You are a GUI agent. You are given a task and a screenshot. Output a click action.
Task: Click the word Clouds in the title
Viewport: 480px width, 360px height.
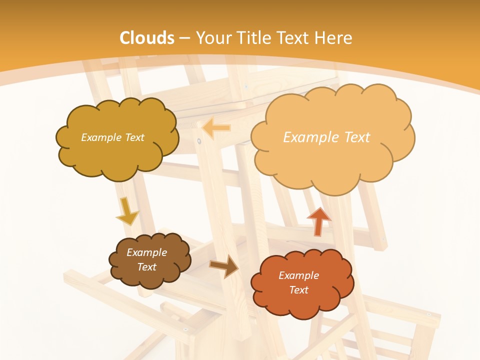(147, 38)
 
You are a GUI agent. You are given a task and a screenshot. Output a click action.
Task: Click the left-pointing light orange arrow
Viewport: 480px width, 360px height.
(216, 128)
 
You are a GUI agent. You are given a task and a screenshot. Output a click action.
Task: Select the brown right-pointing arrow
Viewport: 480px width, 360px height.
(224, 266)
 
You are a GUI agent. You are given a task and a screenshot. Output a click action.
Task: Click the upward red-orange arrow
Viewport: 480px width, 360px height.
(318, 221)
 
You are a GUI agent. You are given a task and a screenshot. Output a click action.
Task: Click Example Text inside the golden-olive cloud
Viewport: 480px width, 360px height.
(112, 137)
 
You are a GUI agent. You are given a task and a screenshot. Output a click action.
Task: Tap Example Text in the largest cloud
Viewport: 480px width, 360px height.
(326, 137)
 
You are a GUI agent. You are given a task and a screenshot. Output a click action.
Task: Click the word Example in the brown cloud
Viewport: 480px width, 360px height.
(146, 252)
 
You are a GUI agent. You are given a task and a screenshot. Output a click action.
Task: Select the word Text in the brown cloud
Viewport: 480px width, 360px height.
(146, 267)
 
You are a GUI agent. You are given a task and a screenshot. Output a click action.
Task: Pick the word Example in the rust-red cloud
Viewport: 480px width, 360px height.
(298, 275)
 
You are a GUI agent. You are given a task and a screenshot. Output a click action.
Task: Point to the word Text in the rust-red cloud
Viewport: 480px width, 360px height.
(298, 290)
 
